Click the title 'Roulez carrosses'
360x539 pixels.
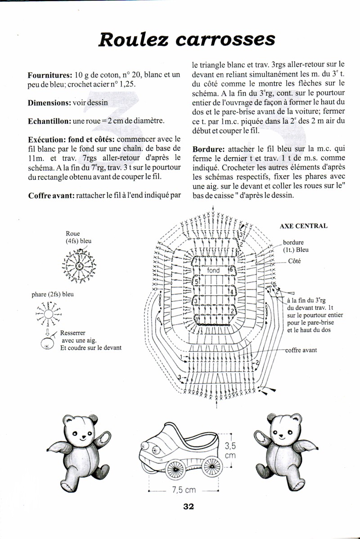click(x=186, y=39)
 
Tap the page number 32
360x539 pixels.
click(x=188, y=507)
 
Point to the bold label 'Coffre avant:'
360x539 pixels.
click(x=51, y=196)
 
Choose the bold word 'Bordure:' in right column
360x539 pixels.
click(x=209, y=149)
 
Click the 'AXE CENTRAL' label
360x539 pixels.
click(x=303, y=226)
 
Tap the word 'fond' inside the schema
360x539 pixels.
click(x=213, y=270)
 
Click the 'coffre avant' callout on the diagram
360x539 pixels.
click(x=301, y=350)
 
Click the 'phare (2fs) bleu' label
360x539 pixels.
click(x=53, y=294)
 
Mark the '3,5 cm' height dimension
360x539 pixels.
click(x=230, y=450)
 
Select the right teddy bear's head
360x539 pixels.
click(x=283, y=428)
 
